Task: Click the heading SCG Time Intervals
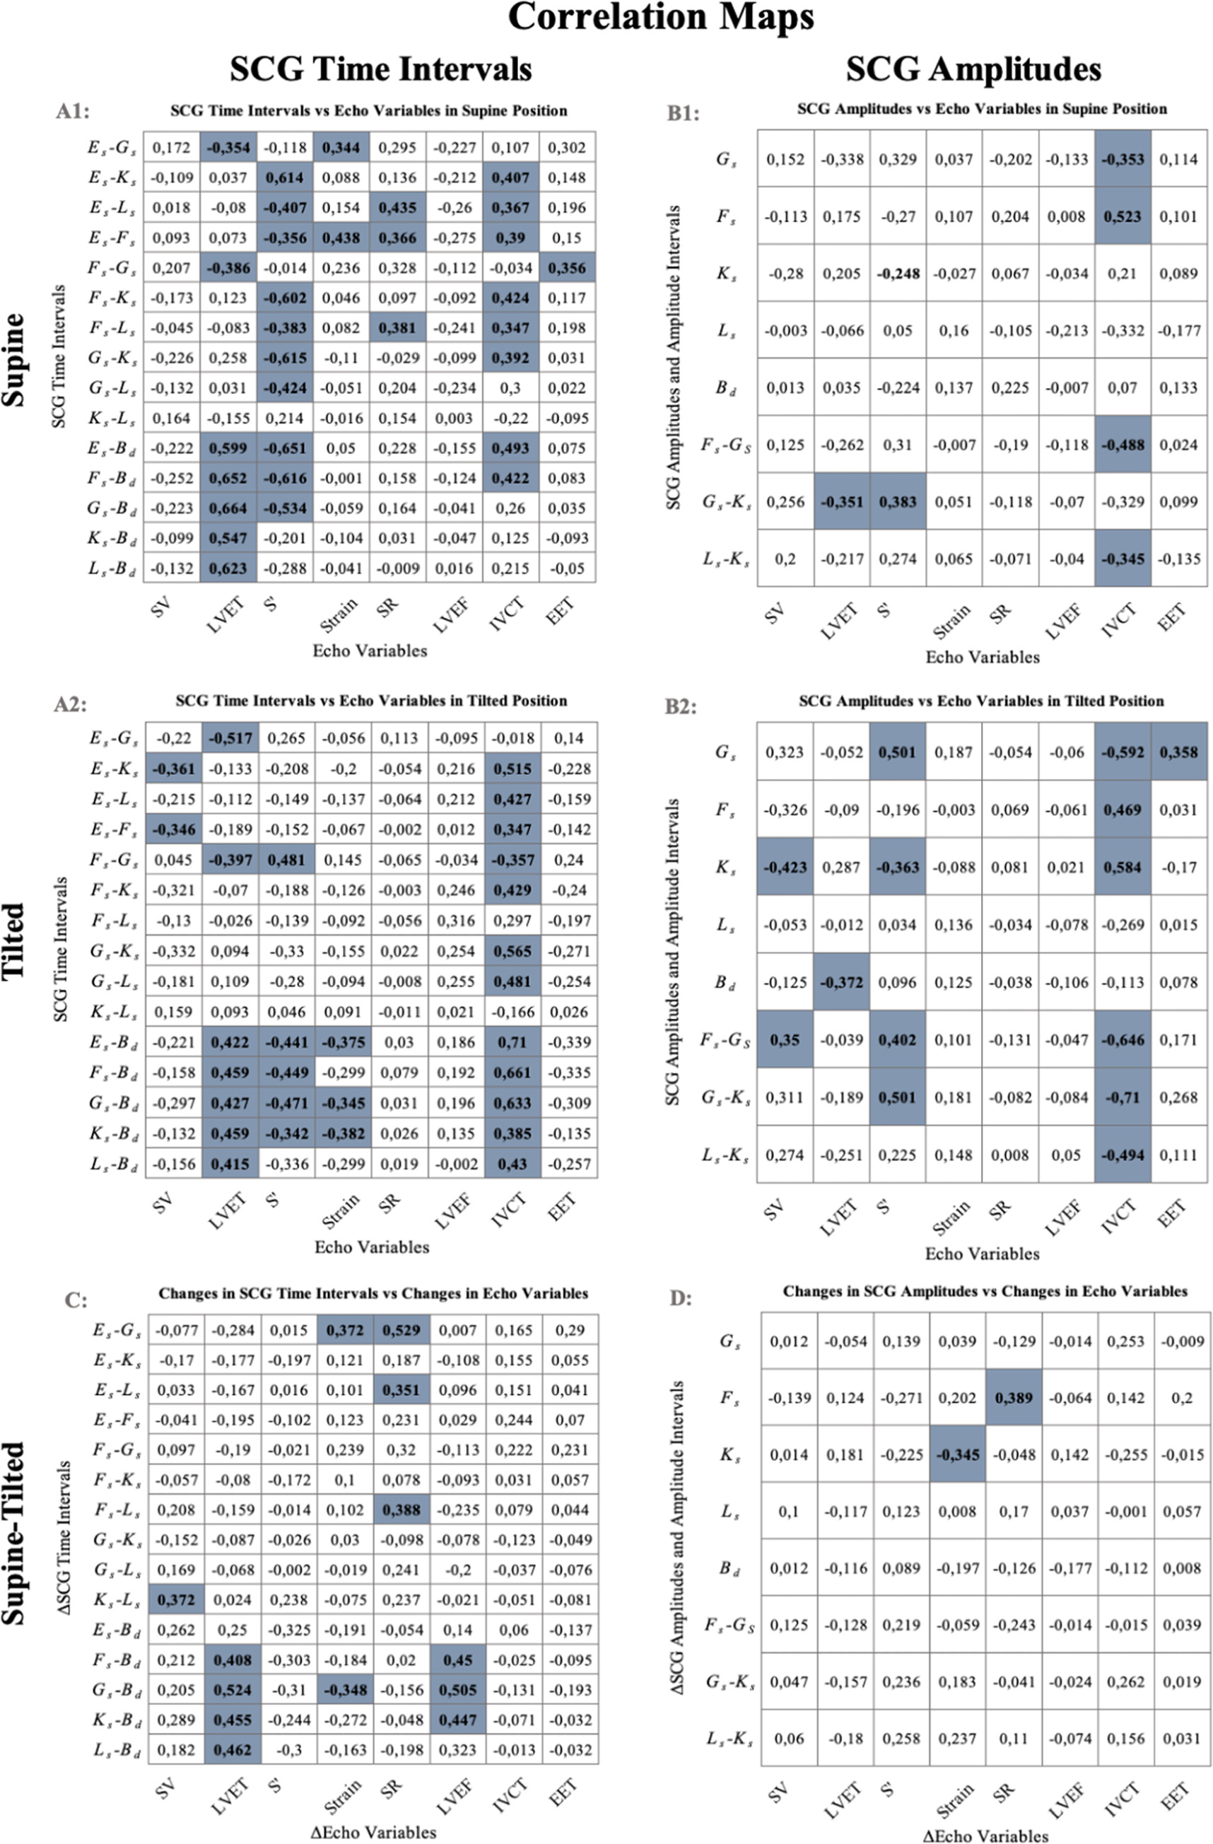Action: click(380, 69)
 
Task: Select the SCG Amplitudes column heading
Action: click(973, 69)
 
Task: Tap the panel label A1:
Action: click(73, 112)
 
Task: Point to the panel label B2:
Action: click(682, 706)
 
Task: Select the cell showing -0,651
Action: click(285, 448)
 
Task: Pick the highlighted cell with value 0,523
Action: click(1122, 216)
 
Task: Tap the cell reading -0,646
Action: click(1122, 1040)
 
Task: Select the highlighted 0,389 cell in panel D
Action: click(1013, 1398)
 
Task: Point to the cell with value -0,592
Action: click(1122, 752)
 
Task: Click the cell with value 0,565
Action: click(511, 951)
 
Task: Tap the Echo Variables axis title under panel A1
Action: click(370, 650)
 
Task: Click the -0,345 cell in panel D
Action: click(957, 1454)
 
